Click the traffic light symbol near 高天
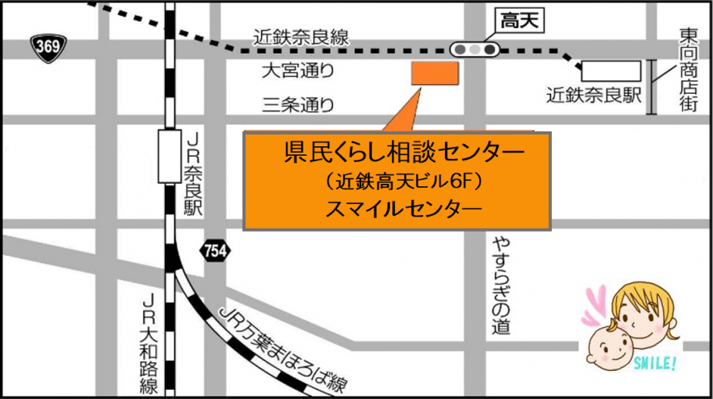pos(475,49)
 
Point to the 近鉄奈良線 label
pos(301,37)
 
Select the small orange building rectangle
pos(435,73)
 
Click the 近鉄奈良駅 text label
pos(593,96)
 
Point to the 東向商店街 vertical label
pos(688,70)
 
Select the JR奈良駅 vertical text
pos(193,173)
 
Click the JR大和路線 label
pos(149,343)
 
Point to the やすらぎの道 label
pos(500,285)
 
